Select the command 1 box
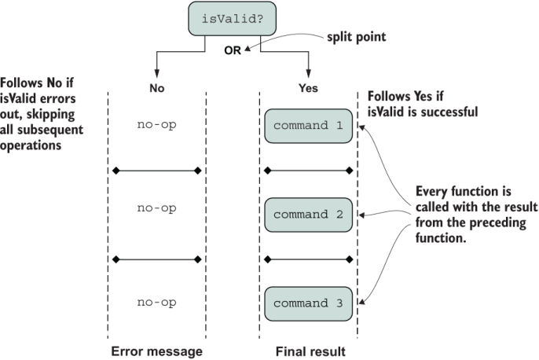click(x=308, y=127)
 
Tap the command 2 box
click(x=308, y=214)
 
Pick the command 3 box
click(x=308, y=302)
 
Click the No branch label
click(x=157, y=88)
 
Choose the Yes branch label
click(x=309, y=88)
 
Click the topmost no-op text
click(x=156, y=123)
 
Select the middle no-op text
click(x=156, y=208)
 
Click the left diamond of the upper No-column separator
click(x=115, y=170)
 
